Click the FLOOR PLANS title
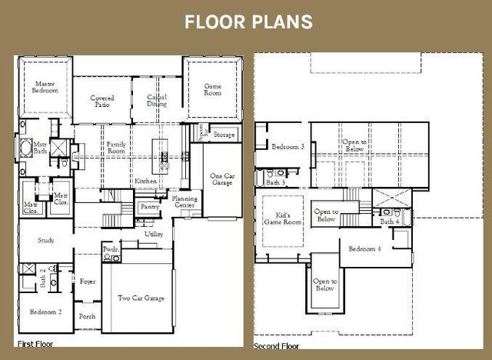pyautogui.click(x=248, y=22)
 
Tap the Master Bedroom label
pyautogui.click(x=45, y=87)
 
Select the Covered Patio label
pyautogui.click(x=102, y=102)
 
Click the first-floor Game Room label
pyautogui.click(x=211, y=89)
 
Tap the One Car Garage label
pyautogui.click(x=221, y=180)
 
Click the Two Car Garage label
pyautogui.click(x=140, y=298)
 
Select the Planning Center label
pyautogui.click(x=184, y=202)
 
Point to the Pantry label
pyautogui.click(x=149, y=206)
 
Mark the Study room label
pyautogui.click(x=46, y=241)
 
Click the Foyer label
pyautogui.click(x=88, y=282)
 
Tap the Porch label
pyautogui.click(x=87, y=316)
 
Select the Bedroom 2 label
pyautogui.click(x=45, y=312)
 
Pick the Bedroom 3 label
pyautogui.click(x=288, y=147)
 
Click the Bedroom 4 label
pyautogui.click(x=364, y=249)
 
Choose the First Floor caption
pyautogui.click(x=34, y=342)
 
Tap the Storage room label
pyautogui.click(x=224, y=135)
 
